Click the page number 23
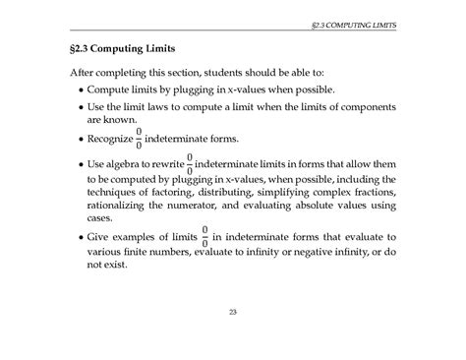[x=233, y=312]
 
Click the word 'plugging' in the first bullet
[x=198, y=90]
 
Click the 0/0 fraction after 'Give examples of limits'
[x=204, y=237]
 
